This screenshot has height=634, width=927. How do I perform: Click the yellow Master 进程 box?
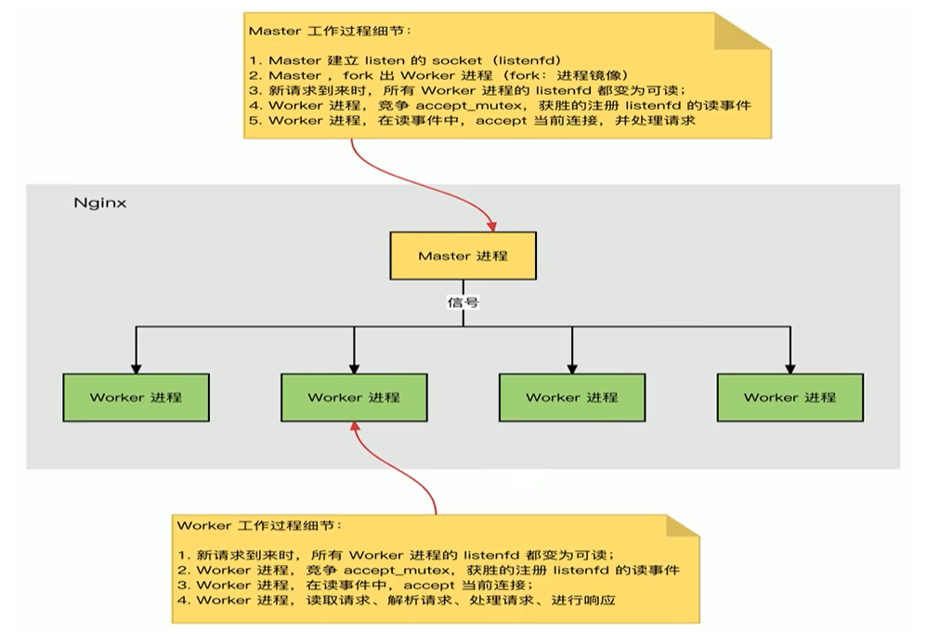pyautogui.click(x=463, y=255)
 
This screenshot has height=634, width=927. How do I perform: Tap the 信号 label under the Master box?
pyautogui.click(x=463, y=302)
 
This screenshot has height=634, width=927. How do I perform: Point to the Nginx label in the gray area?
pyautogui.click(x=99, y=202)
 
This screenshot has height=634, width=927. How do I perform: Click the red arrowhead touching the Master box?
pyautogui.click(x=490, y=224)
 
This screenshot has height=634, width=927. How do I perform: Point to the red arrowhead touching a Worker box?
pyautogui.click(x=353, y=426)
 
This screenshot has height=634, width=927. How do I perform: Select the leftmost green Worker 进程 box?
pyautogui.click(x=137, y=397)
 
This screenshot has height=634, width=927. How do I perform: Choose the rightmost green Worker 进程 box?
pyautogui.click(x=790, y=397)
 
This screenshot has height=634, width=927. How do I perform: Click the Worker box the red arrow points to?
pyautogui.click(x=354, y=397)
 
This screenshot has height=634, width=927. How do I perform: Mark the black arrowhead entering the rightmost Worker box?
pyautogui.click(x=790, y=367)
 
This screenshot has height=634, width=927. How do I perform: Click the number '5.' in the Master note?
pyautogui.click(x=255, y=120)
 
